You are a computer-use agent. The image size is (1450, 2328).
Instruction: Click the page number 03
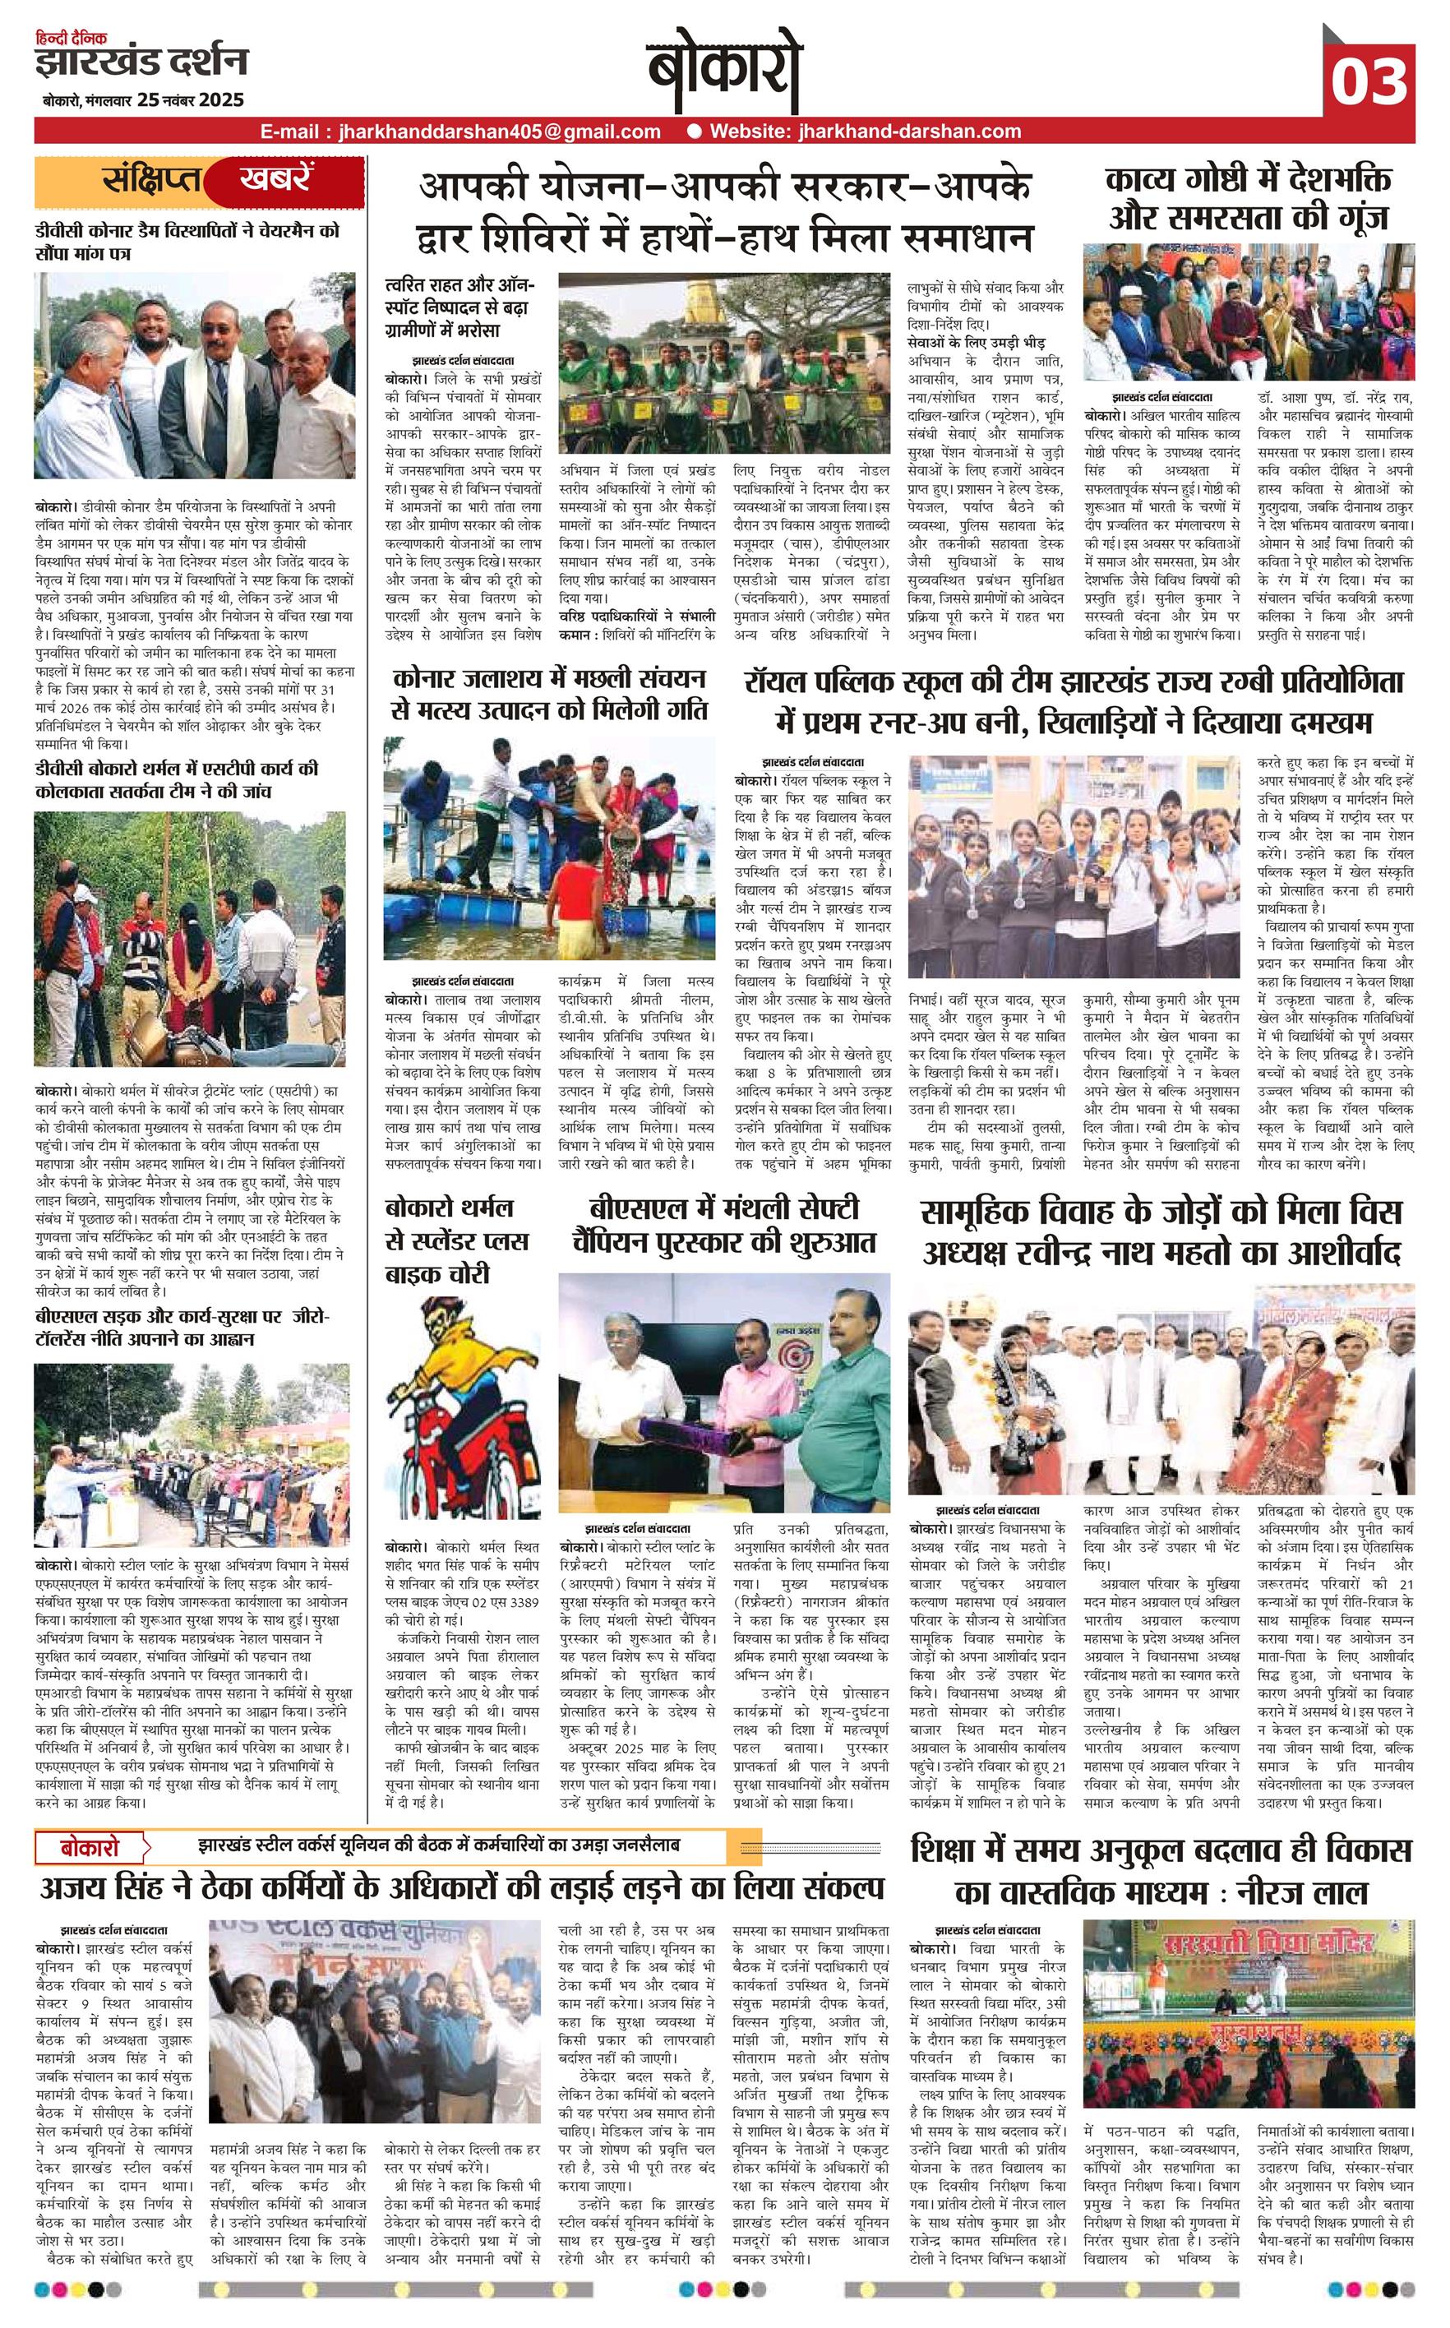1369,81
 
